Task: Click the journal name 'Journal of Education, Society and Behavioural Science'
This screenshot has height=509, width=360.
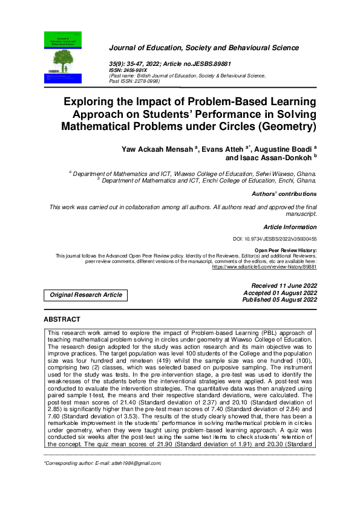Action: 203,48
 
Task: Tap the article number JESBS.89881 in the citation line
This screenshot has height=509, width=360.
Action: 212,63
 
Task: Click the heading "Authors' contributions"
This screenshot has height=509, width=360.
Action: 284,194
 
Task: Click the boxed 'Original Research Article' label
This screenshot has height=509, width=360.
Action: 86,295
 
